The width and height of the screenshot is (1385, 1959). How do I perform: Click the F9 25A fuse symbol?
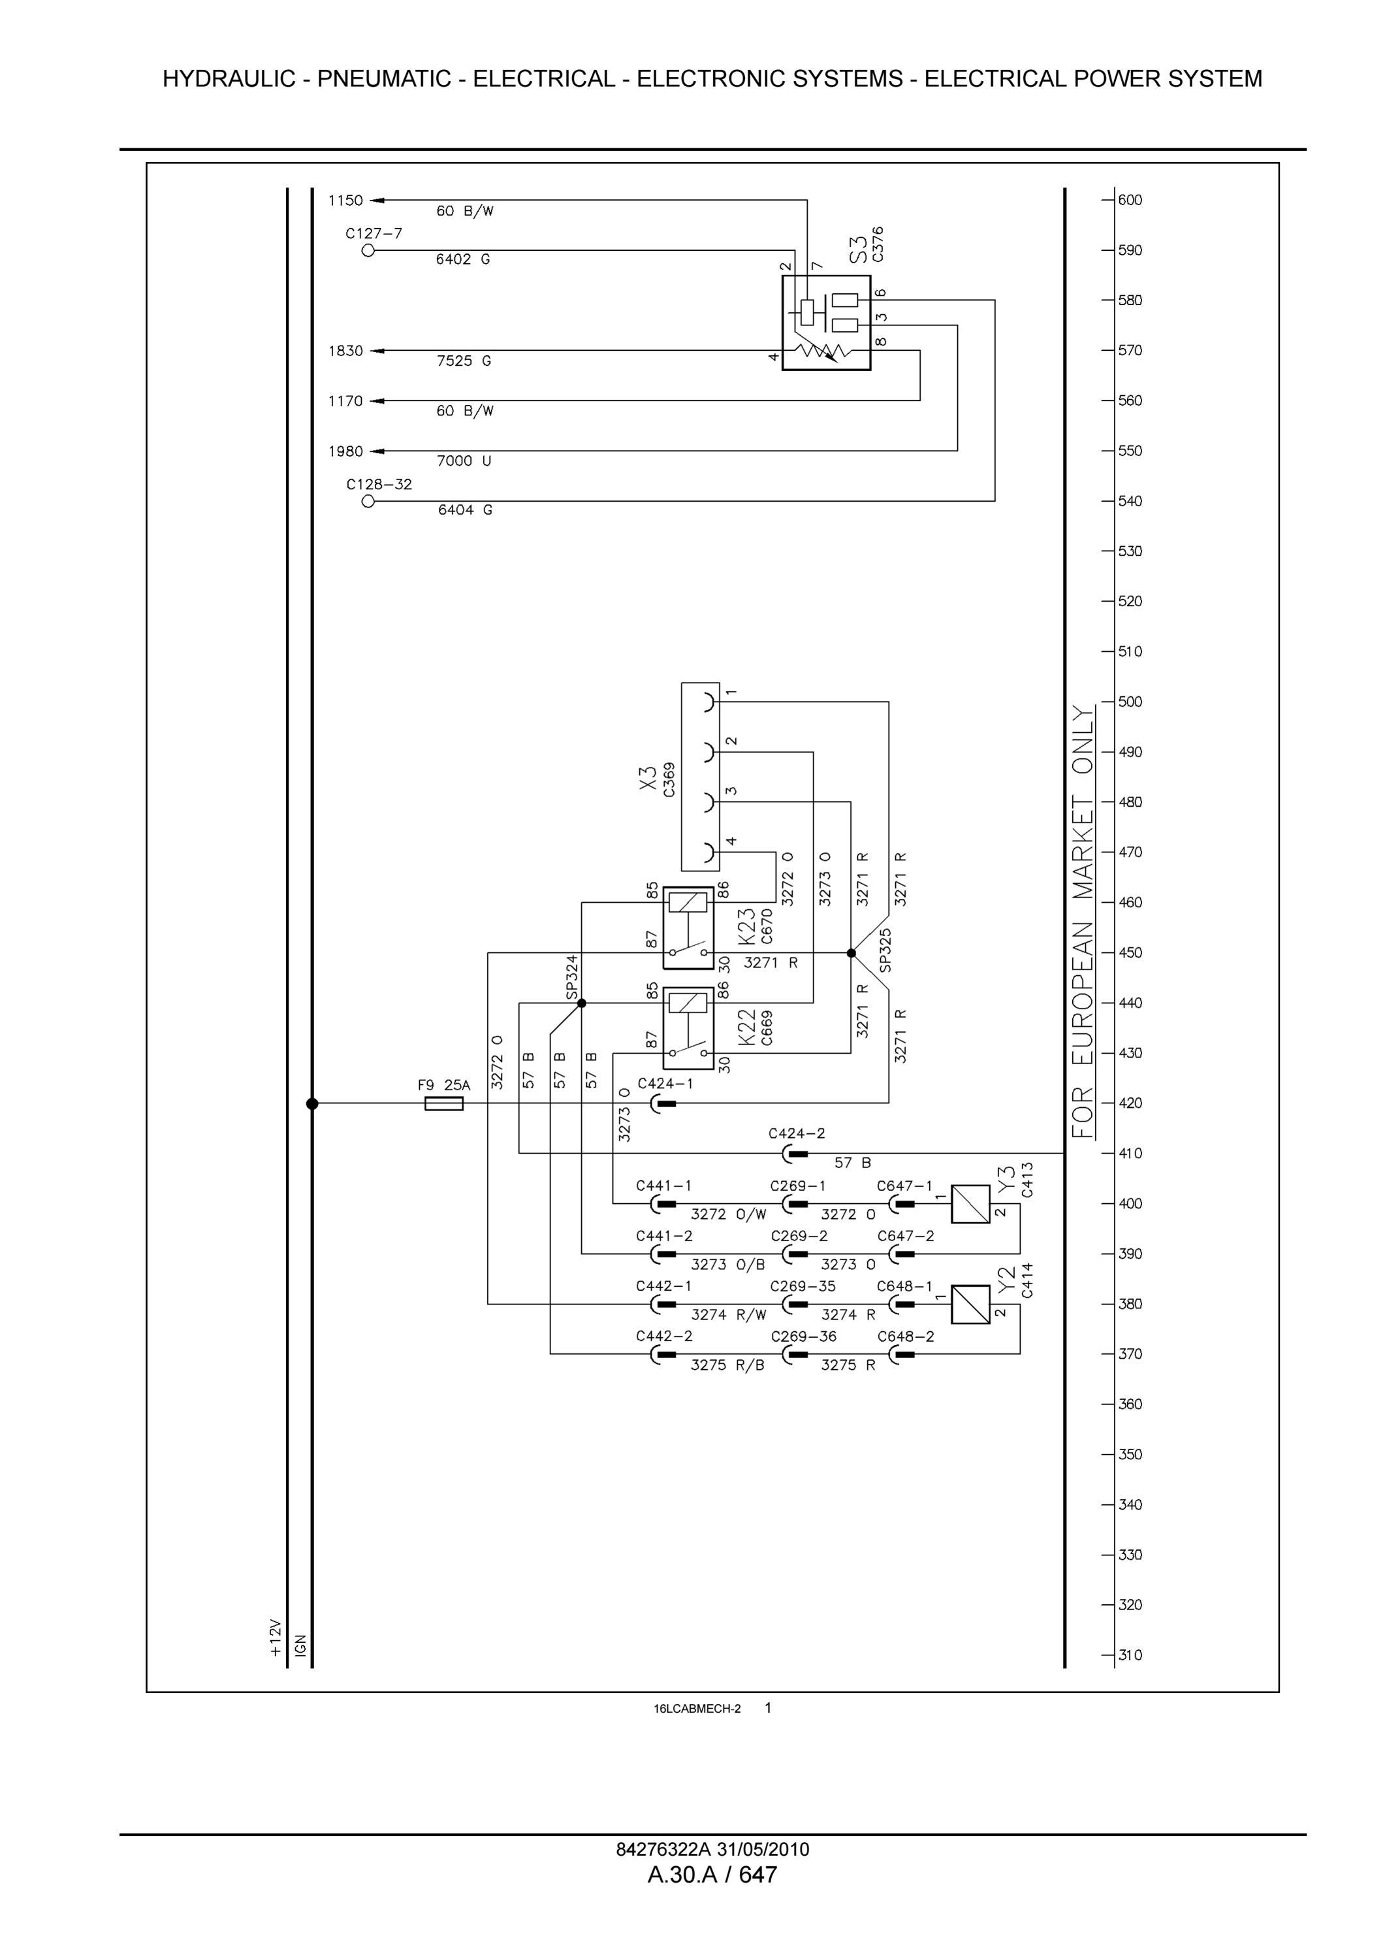[443, 1103]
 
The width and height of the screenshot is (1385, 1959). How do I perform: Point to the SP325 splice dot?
[851, 952]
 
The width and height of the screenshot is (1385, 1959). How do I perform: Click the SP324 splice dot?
[582, 1003]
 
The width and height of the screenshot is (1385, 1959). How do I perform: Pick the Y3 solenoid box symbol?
[970, 1204]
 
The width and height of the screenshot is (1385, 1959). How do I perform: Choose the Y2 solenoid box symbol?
[970, 1304]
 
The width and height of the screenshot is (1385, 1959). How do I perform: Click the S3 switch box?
[827, 323]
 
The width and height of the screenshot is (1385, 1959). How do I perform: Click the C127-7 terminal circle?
[368, 250]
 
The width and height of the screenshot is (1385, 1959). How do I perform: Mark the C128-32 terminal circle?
[368, 501]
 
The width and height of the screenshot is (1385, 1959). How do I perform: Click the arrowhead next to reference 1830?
[376, 351]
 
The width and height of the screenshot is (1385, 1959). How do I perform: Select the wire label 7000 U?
[464, 461]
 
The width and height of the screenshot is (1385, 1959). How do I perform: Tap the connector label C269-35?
[803, 1286]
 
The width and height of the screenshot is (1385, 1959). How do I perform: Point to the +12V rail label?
[275, 1638]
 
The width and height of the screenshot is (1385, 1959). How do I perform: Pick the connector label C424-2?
[797, 1134]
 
